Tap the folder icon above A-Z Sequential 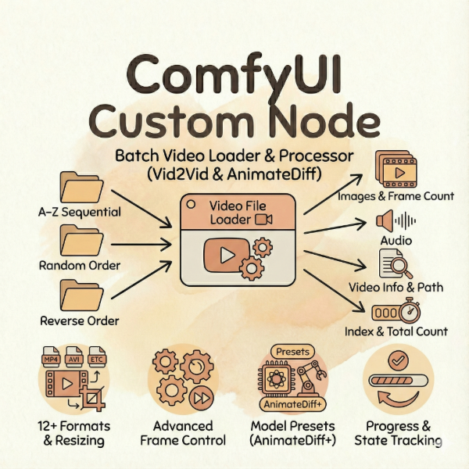point(80,185)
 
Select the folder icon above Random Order point(80,239)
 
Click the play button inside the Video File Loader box point(227,256)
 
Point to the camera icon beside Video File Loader point(263,220)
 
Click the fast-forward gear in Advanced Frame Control point(202,397)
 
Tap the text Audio point(396,241)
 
